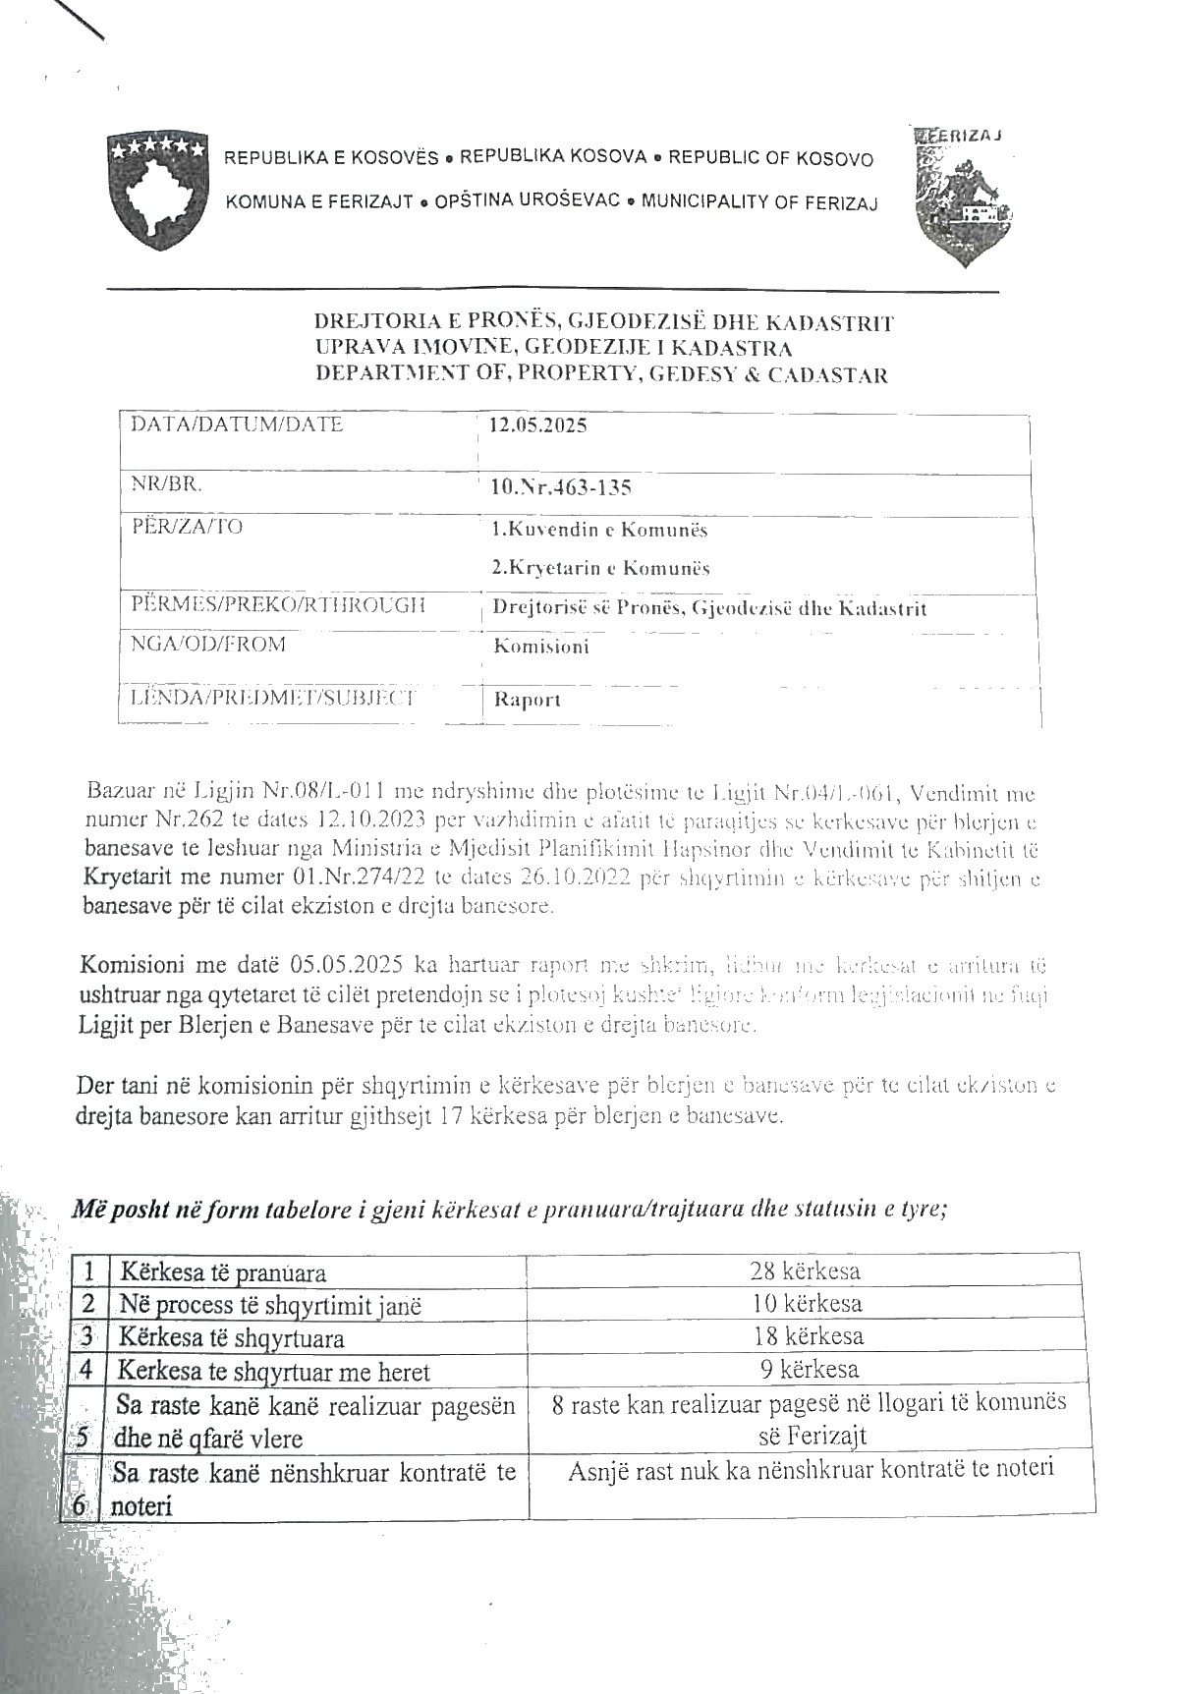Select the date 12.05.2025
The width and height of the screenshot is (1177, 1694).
538,425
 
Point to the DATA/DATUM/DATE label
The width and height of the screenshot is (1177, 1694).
237,424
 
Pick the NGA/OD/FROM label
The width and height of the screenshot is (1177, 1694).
208,645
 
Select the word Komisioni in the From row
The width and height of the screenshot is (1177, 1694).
541,647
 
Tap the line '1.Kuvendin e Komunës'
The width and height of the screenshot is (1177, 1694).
599,530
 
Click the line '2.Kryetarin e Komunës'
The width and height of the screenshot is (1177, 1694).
600,568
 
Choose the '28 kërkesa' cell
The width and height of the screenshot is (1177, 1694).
805,1271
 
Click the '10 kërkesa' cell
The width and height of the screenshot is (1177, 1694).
806,1304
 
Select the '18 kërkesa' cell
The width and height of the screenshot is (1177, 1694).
807,1336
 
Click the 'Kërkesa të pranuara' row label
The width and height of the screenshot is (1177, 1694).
223,1273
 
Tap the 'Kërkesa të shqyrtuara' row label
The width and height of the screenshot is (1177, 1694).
232,1338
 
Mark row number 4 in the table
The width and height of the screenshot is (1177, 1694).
87,1371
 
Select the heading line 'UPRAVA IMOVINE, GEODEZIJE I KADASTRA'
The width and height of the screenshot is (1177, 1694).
553,348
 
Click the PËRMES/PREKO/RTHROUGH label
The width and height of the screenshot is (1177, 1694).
278,604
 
